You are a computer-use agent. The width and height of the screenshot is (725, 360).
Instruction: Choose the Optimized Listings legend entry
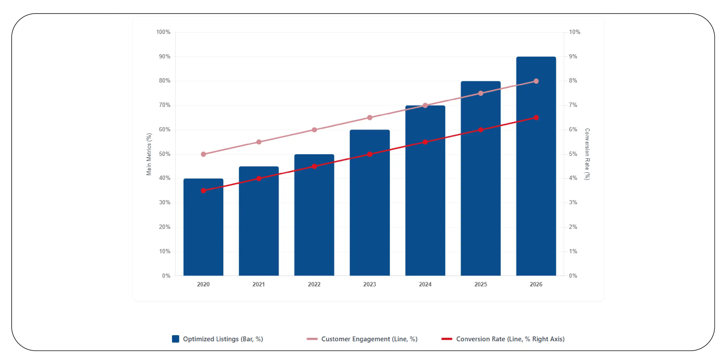[217, 339]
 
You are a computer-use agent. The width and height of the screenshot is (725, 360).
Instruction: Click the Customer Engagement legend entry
[362, 339]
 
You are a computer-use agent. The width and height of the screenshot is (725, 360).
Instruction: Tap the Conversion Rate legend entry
[503, 339]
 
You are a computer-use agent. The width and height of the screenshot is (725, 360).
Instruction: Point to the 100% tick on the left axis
[163, 32]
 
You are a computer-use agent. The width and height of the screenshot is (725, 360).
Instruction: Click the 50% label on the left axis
[165, 154]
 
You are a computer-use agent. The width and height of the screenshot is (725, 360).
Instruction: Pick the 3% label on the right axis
[573, 202]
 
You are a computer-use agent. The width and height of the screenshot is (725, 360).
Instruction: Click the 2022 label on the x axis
[314, 284]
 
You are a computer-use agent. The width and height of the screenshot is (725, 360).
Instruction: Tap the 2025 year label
[481, 284]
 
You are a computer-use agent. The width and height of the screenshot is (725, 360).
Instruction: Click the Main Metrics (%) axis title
[149, 154]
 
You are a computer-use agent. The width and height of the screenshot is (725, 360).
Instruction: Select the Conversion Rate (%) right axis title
[587, 154]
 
